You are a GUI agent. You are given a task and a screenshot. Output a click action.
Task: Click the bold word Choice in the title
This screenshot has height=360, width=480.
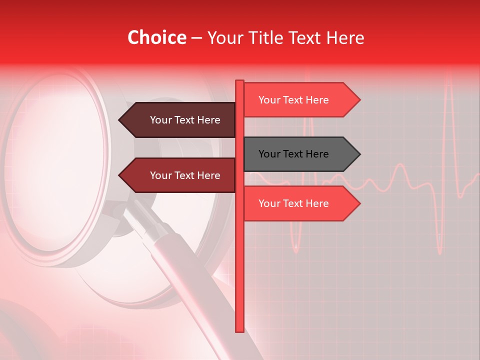point(156,38)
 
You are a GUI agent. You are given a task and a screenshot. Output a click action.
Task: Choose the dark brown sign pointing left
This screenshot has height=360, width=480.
point(180,120)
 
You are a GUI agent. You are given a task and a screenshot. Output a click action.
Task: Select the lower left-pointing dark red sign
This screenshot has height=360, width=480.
point(180,175)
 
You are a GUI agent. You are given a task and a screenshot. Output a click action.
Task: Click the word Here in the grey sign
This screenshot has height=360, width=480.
point(317,154)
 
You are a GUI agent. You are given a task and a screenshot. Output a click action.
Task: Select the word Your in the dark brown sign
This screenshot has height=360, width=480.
point(160,120)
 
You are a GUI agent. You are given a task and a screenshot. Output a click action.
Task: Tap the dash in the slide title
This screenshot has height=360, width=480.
point(196,38)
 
